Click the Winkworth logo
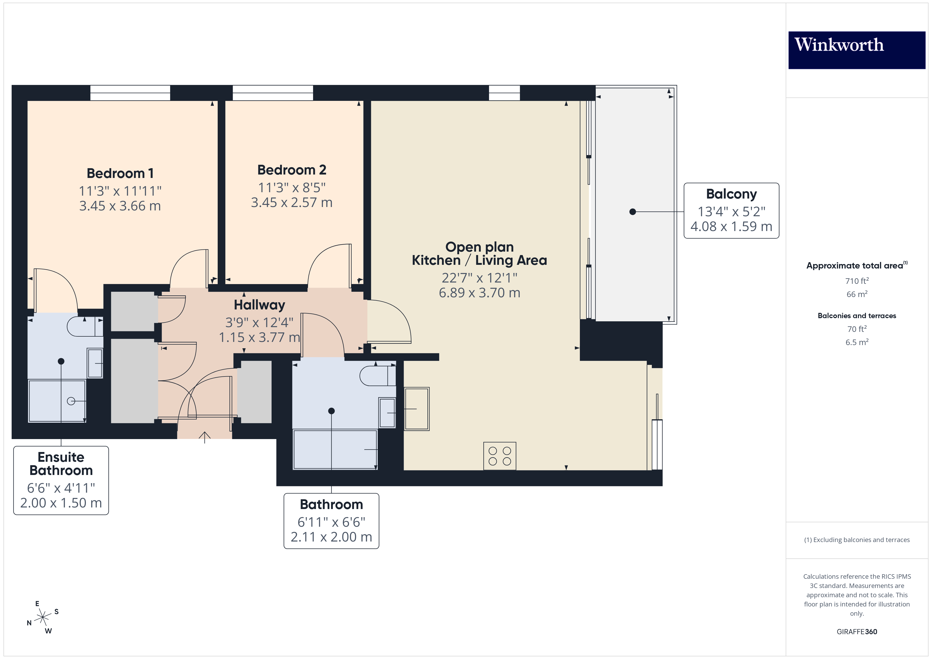click(856, 50)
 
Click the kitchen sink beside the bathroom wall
click(417, 409)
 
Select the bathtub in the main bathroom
click(335, 449)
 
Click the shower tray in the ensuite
click(57, 401)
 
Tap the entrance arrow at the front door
click(204, 437)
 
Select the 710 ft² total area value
click(856, 281)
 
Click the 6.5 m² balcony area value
click(856, 342)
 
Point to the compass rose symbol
click(42, 618)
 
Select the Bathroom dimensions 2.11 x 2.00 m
click(331, 537)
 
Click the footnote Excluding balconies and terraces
click(856, 540)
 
